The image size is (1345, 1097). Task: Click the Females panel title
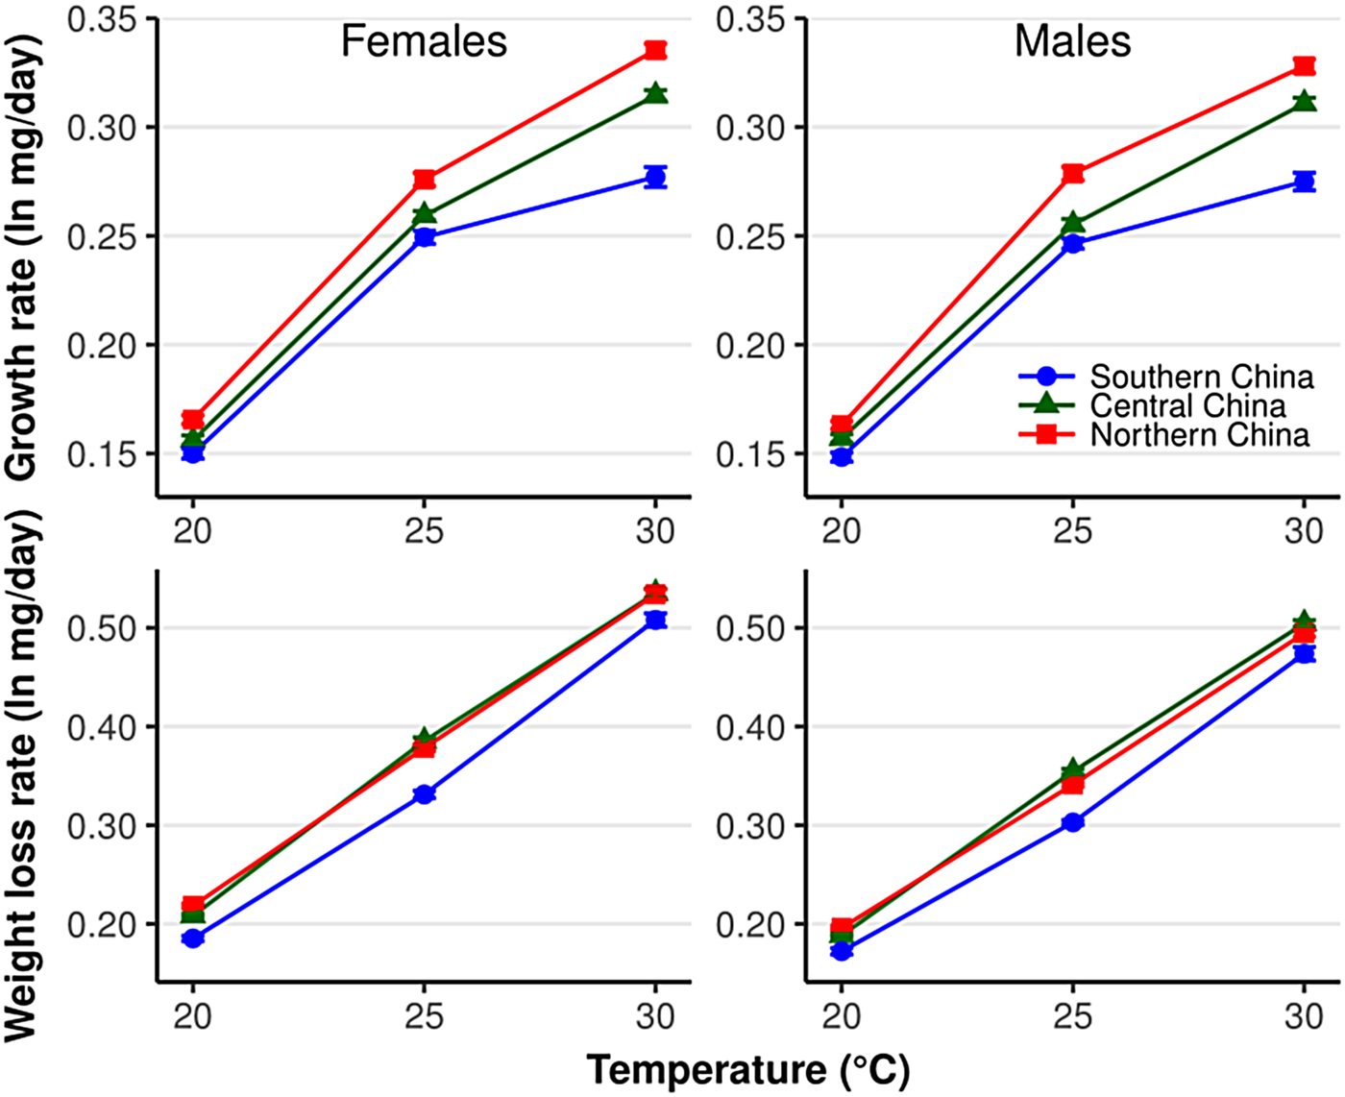(424, 42)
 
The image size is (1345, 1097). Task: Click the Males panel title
(1072, 42)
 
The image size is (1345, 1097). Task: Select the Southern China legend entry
(1201, 377)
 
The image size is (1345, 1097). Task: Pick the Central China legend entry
(1187, 405)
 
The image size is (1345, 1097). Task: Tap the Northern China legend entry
(1199, 435)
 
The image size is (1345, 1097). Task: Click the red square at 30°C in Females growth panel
(655, 50)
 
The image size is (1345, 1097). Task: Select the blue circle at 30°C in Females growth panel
(655, 177)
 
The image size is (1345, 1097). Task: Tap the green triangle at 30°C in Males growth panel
(1304, 101)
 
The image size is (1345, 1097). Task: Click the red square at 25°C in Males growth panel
(1073, 174)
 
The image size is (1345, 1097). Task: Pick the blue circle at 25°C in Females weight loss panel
(424, 794)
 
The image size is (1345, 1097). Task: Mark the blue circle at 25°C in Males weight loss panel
(1073, 822)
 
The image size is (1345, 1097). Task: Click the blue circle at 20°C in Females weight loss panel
(193, 939)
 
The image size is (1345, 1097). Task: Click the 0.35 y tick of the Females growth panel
(100, 20)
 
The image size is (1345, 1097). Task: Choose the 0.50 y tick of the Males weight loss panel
(748, 628)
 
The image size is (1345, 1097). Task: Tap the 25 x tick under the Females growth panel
(424, 530)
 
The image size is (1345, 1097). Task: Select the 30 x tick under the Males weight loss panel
(1304, 1016)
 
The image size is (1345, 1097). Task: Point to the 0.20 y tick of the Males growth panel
(748, 346)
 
